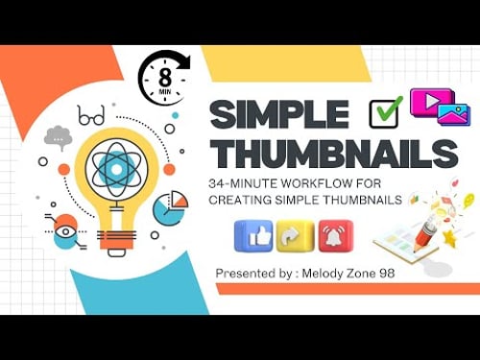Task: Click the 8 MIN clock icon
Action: tap(164, 77)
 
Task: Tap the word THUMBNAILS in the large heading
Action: tap(333, 155)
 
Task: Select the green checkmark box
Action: tap(385, 112)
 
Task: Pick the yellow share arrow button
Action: tap(294, 235)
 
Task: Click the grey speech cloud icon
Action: tap(59, 138)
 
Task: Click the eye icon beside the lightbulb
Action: tap(65, 230)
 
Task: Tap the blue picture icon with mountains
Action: tap(452, 115)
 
